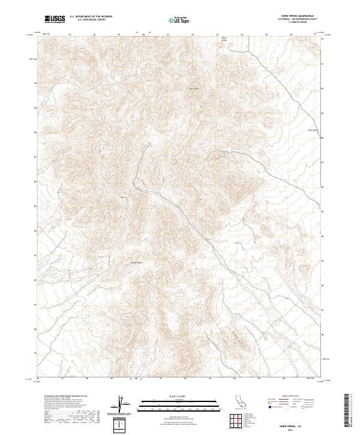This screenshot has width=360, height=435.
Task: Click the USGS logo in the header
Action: pyautogui.click(x=55, y=19)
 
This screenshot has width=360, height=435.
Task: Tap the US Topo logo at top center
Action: pyautogui.click(x=179, y=20)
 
